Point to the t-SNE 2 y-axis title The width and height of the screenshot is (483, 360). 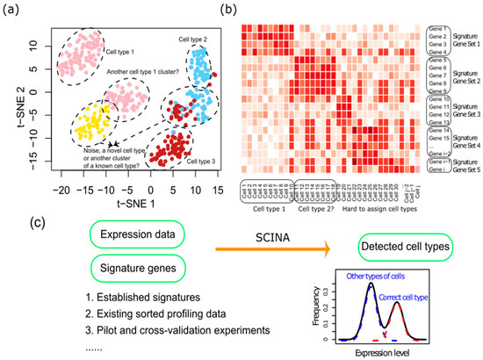click(12, 102)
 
